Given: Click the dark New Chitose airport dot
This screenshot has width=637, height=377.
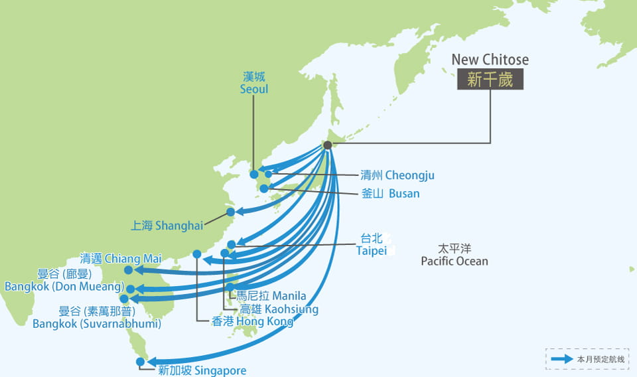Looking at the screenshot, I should pyautogui.click(x=328, y=145).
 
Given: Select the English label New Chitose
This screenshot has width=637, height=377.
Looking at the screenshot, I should pyautogui.click(x=490, y=60).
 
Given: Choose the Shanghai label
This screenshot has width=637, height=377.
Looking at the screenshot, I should pyautogui.click(x=167, y=226).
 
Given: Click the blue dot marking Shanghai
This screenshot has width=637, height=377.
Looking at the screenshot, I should pyautogui.click(x=230, y=212).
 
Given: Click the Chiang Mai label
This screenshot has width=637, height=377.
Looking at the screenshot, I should pyautogui.click(x=111, y=258).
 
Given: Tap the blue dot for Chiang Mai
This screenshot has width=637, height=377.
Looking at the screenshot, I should pyautogui.click(x=128, y=269).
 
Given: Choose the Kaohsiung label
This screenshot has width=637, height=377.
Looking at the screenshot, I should pyautogui.click(x=279, y=309).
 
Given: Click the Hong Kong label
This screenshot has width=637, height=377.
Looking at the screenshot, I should pyautogui.click(x=252, y=321).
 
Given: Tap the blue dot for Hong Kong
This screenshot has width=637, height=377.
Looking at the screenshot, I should pyautogui.click(x=197, y=254).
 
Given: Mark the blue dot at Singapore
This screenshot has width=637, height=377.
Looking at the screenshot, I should pyautogui.click(x=140, y=362).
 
